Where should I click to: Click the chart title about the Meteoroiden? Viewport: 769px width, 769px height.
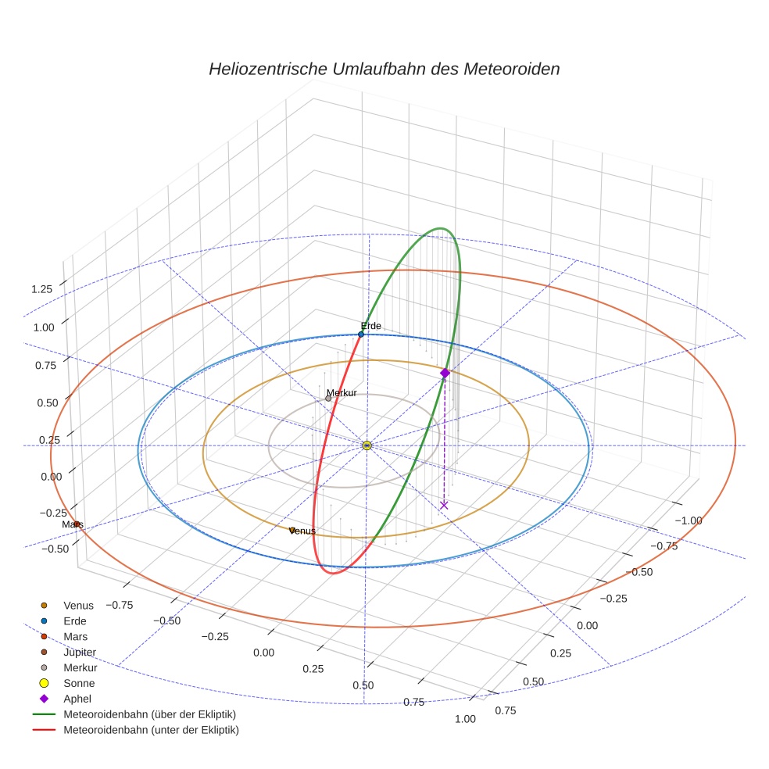[x=384, y=69]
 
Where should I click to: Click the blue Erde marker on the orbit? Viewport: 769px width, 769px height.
[x=361, y=334]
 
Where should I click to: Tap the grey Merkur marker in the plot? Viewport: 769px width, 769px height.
[x=328, y=399]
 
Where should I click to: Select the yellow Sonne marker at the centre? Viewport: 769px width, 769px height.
[x=367, y=445]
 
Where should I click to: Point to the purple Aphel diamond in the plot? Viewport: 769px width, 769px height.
[x=445, y=374]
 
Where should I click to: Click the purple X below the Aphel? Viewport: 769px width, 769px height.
[x=444, y=506]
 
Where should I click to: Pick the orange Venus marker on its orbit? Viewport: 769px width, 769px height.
[x=292, y=531]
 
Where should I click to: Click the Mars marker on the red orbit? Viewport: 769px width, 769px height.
[x=76, y=524]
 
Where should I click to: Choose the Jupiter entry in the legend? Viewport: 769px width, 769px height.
[x=80, y=652]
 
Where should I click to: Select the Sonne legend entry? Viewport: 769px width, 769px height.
[x=79, y=683]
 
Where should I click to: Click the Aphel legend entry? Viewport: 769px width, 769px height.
[x=77, y=699]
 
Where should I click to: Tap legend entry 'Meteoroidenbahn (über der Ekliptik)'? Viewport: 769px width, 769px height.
[x=149, y=714]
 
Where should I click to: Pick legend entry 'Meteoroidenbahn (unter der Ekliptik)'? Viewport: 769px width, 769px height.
[x=151, y=730]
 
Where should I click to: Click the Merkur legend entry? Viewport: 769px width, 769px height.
[x=80, y=667]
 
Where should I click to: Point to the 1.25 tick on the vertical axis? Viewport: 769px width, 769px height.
[x=42, y=289]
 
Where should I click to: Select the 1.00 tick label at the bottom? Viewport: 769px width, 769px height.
[x=465, y=719]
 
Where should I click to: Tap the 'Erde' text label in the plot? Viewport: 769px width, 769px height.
[x=370, y=325]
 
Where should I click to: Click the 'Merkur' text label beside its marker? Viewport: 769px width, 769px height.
[x=342, y=392]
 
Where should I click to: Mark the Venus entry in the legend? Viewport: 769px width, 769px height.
[x=78, y=605]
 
